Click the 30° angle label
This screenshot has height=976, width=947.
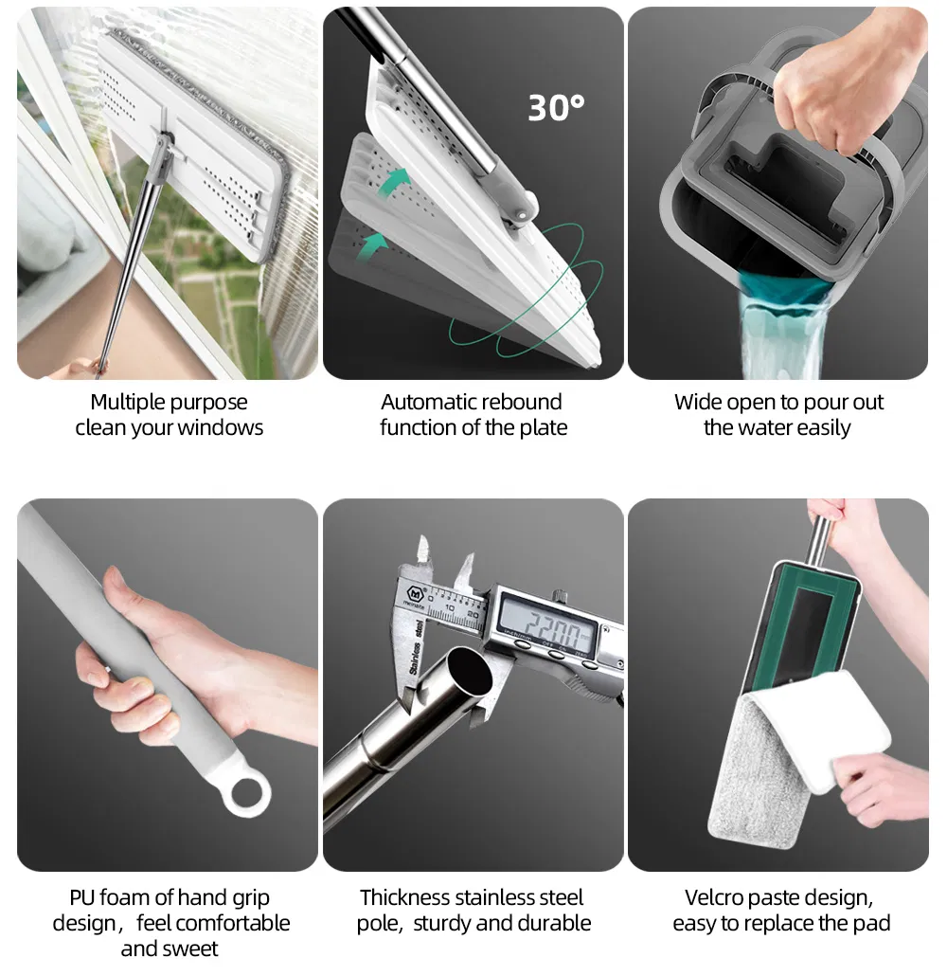pyautogui.click(x=556, y=108)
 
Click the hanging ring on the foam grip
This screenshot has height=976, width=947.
pyautogui.click(x=247, y=794)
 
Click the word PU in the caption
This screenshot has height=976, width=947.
pyautogui.click(x=81, y=897)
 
